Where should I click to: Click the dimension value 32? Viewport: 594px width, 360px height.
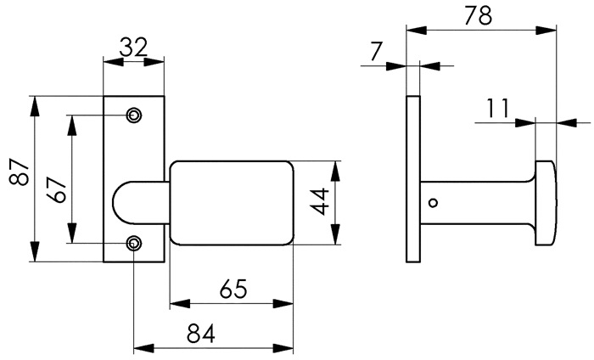click(x=133, y=48)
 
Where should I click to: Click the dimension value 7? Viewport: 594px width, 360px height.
click(x=376, y=53)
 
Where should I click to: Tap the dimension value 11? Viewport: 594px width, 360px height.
click(x=498, y=108)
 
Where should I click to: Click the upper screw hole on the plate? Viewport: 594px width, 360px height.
click(x=134, y=115)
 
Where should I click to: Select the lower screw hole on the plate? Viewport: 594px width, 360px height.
click(x=134, y=244)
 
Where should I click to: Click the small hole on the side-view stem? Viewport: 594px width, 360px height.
click(x=434, y=203)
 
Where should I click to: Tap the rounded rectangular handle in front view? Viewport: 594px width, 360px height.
click(x=231, y=202)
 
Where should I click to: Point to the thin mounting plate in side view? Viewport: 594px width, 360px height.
click(x=413, y=178)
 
